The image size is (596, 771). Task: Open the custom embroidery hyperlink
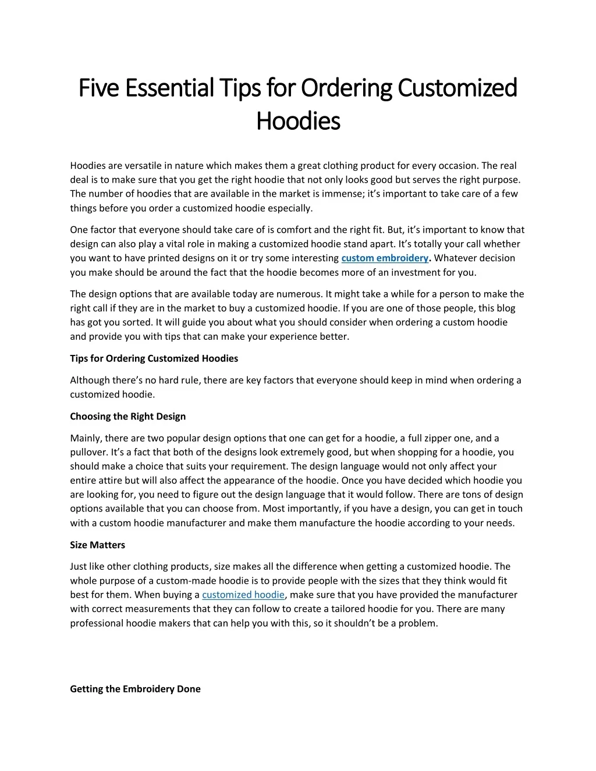(384, 258)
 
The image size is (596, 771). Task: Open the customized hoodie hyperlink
(243, 595)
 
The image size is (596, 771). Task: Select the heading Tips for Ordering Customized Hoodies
(154, 358)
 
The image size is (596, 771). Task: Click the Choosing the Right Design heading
(128, 416)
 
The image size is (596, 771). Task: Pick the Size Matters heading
(97, 545)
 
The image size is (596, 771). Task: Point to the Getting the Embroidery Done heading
(135, 689)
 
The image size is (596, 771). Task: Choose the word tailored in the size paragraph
(359, 609)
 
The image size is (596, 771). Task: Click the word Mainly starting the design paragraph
(85, 438)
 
